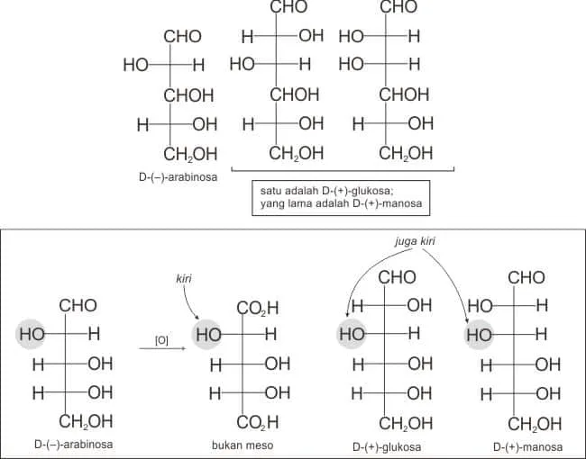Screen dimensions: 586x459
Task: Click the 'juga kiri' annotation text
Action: (415, 241)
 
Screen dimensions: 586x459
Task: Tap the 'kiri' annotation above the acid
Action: (184, 278)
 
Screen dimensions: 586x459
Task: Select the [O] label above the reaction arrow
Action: (161, 340)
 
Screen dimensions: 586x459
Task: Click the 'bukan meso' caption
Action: (243, 445)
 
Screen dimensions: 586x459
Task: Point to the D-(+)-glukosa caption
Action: (387, 446)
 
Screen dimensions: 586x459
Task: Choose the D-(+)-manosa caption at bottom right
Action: (527, 446)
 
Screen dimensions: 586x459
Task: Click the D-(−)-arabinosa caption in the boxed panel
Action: (74, 445)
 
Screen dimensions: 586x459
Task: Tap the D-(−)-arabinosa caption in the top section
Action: (178, 177)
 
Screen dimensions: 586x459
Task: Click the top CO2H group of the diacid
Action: (258, 308)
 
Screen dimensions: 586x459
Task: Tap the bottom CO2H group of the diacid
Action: (258, 422)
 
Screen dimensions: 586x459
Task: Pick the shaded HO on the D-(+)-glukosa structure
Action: (352, 334)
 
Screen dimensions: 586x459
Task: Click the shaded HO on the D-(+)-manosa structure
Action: (480, 335)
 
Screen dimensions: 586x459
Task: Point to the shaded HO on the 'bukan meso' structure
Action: (208, 335)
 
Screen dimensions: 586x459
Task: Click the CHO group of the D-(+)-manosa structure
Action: (526, 277)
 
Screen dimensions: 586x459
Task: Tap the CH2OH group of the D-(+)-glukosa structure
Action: (406, 424)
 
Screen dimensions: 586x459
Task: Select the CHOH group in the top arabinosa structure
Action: (188, 95)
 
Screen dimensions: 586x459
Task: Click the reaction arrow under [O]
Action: (162, 348)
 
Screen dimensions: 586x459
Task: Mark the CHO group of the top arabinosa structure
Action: (182, 37)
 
